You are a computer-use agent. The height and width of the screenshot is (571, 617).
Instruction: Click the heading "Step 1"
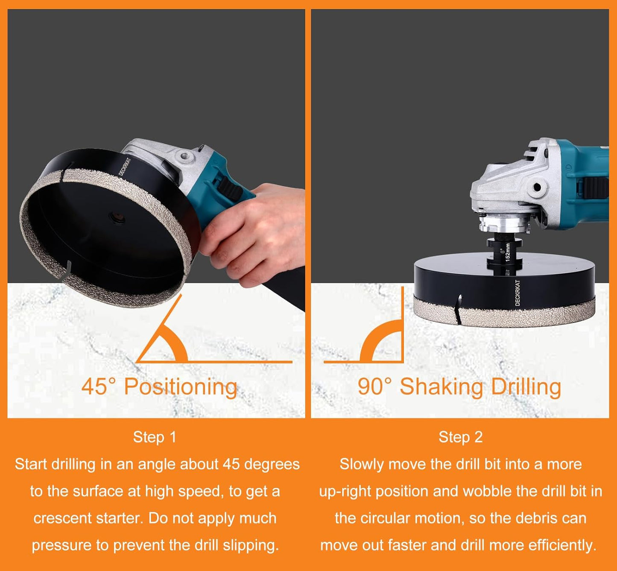(155, 437)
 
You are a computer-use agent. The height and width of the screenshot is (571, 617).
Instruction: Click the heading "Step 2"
(460, 437)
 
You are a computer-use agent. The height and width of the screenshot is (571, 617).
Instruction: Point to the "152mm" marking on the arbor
(508, 252)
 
